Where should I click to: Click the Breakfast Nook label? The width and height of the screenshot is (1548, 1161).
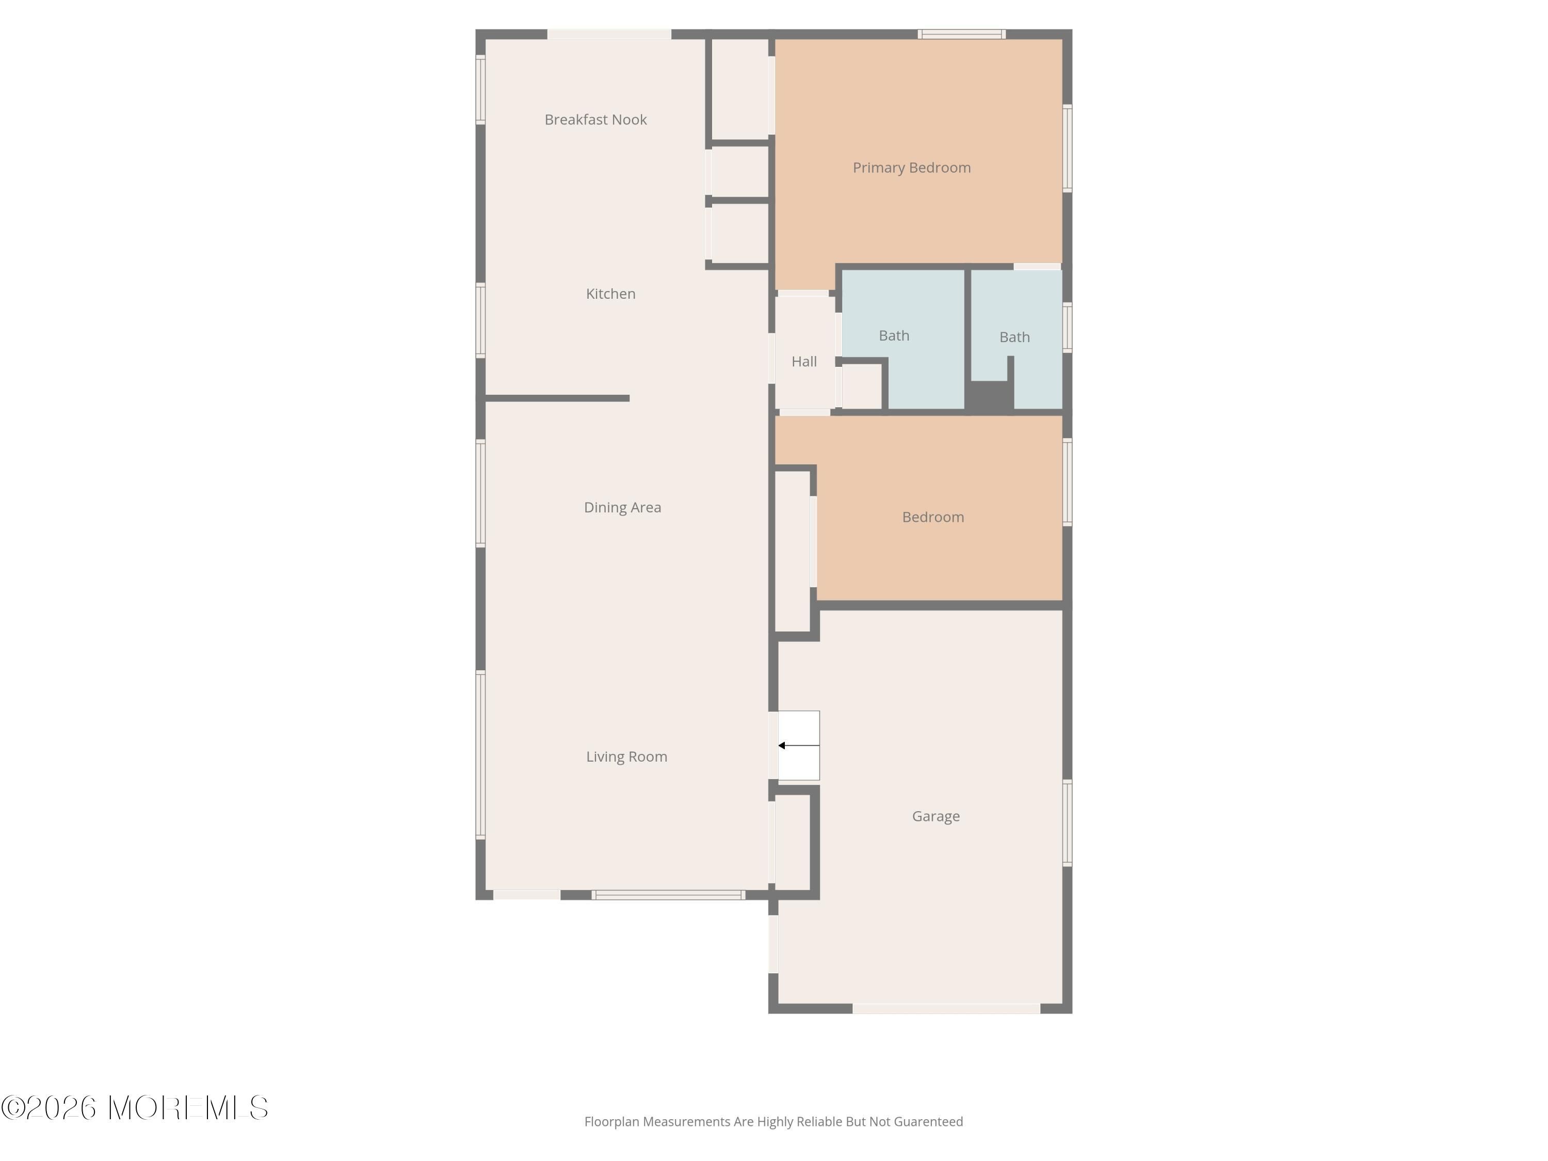pyautogui.click(x=595, y=120)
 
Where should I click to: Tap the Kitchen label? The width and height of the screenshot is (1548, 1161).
pyautogui.click(x=611, y=294)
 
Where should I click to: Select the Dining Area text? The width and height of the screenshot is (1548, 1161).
pyautogui.click(x=623, y=507)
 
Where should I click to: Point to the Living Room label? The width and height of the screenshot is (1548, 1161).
pyautogui.click(x=627, y=756)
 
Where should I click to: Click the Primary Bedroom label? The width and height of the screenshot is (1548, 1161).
pyautogui.click(x=912, y=168)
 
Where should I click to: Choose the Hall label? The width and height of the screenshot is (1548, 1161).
pyautogui.click(x=804, y=362)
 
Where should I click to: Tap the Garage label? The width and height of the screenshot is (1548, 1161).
pyautogui.click(x=936, y=817)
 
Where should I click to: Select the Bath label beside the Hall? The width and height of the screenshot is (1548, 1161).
pyautogui.click(x=894, y=336)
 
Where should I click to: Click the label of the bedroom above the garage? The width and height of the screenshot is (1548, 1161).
pyautogui.click(x=933, y=517)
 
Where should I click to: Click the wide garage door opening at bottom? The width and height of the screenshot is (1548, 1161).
pyautogui.click(x=946, y=1008)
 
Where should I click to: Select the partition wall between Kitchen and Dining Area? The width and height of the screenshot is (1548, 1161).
pyautogui.click(x=557, y=399)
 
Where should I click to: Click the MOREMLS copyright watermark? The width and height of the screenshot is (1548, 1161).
pyautogui.click(x=134, y=1108)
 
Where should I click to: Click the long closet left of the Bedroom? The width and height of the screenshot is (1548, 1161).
pyautogui.click(x=792, y=552)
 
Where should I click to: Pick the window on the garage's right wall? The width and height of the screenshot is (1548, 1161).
pyautogui.click(x=1067, y=823)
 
